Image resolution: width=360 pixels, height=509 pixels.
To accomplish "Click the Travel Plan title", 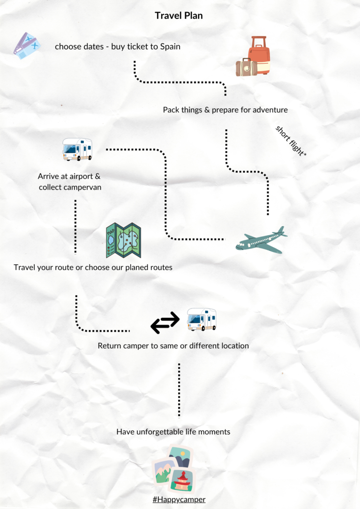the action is pos(179,15).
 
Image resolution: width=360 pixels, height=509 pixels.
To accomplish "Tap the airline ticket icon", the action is pos(27,46).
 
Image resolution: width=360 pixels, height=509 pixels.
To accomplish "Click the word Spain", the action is pos(170,46).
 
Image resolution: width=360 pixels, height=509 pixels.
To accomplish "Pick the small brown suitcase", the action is pos(247,67).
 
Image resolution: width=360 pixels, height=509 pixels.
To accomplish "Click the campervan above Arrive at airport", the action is pos(77,149).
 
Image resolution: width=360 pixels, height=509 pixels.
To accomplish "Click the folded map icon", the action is pos(123,240).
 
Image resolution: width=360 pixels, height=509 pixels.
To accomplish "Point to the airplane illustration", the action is pos(262,240).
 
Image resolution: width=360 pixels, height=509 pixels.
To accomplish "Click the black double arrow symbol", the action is pos(165,322).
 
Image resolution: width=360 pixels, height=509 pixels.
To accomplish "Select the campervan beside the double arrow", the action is pos(202,319).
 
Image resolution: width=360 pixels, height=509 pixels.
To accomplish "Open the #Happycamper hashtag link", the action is pos(179,499).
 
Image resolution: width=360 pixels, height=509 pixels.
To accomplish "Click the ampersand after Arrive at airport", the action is pos(97,176).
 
